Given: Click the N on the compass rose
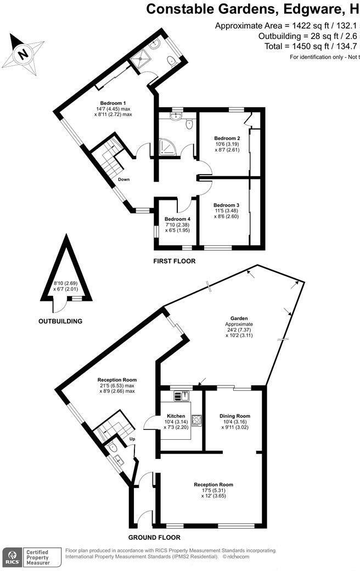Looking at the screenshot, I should click(x=23, y=54).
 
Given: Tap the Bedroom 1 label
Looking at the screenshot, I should click(x=113, y=103).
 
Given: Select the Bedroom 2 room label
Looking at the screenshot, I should click(x=227, y=138).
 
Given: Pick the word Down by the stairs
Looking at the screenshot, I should click(x=123, y=179).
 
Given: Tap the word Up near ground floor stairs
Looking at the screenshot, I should click(x=132, y=439).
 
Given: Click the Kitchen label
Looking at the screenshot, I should click(x=176, y=416).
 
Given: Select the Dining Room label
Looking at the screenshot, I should click(x=235, y=416).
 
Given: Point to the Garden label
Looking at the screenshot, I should click(x=239, y=318).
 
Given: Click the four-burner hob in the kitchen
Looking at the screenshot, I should click(x=196, y=421).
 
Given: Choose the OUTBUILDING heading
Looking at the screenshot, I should click(x=60, y=321).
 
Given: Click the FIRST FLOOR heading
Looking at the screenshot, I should click(x=174, y=262).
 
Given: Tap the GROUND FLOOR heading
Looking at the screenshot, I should click(x=154, y=538).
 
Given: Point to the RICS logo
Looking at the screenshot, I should click(x=12, y=557).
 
